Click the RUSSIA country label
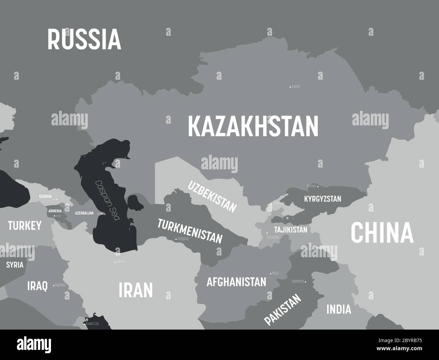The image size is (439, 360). point(84,39)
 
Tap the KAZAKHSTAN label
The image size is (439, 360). point(253,126)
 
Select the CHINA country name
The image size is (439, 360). point(382,233)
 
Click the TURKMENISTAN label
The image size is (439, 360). point(190,231)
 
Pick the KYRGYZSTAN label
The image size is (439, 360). point(322,199)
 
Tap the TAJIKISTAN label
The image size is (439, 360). point(290,230)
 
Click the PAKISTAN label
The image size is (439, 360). point(282,309)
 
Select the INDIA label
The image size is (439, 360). point(338,309)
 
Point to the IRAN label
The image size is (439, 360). point(136,290)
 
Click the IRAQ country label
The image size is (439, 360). point(37,286)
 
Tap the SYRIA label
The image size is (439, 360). point(15,265)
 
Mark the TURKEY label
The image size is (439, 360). point(25,225)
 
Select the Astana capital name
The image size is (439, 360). point(295,87)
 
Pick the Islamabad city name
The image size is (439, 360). point(298,281)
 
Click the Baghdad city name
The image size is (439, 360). point(60,285)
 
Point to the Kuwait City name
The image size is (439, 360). point(92,323)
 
